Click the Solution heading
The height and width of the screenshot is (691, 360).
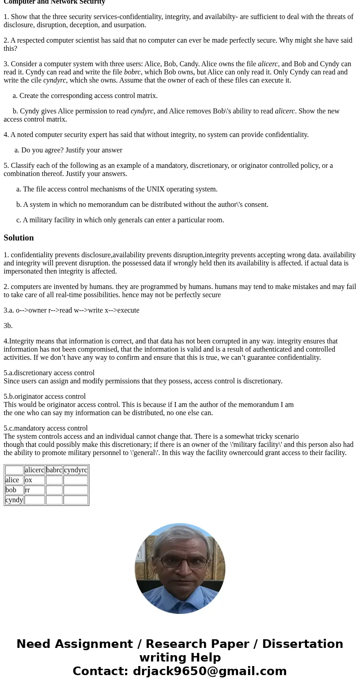(19, 238)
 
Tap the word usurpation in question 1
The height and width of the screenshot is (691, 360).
(130, 25)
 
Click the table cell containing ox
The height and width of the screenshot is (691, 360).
(34, 480)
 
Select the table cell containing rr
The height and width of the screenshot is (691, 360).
(34, 490)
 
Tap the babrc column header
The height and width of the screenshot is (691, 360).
(54, 470)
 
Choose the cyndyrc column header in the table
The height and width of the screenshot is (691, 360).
(76, 470)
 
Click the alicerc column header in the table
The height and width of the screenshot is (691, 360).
(34, 470)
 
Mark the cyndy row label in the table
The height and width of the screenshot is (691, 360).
(14, 500)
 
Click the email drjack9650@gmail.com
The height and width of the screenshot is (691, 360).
(209, 671)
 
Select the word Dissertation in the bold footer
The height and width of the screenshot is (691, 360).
(302, 644)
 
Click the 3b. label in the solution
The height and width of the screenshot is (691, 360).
(8, 326)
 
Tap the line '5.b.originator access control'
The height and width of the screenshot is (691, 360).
(44, 397)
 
